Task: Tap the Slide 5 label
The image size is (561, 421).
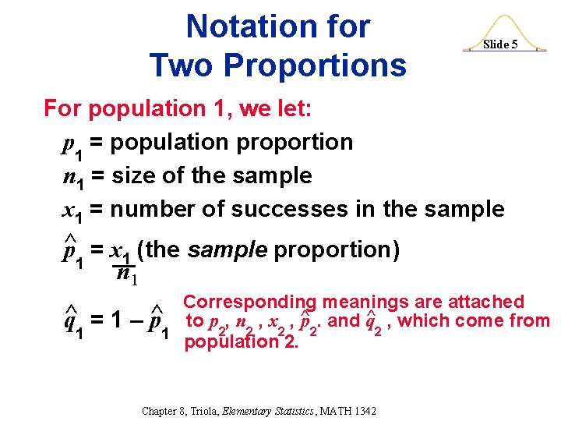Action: tap(499, 44)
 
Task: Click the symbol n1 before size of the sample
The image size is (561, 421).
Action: tap(72, 176)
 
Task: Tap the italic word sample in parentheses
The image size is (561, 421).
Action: tap(228, 249)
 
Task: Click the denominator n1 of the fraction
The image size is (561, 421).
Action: tap(125, 275)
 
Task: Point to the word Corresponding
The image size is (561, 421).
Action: tap(249, 302)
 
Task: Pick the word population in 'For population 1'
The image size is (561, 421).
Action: tap(140, 109)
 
